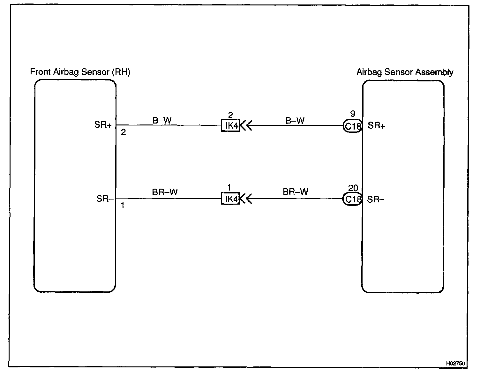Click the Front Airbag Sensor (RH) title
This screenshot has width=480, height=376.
(80, 72)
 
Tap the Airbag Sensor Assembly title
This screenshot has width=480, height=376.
(405, 72)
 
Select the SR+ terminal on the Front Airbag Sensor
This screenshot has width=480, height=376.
(103, 125)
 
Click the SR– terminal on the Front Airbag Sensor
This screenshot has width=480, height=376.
(105, 199)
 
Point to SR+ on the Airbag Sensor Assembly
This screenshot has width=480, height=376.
(377, 125)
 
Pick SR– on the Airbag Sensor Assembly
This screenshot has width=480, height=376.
(376, 199)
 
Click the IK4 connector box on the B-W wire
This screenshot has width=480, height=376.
(230, 125)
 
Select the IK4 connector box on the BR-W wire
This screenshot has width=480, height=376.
(230, 199)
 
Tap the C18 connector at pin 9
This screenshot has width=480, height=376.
(352, 126)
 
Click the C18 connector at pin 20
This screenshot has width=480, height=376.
(352, 199)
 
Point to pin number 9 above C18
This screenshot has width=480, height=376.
(352, 114)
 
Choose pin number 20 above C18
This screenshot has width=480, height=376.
(353, 188)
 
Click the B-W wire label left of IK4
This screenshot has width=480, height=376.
(162, 120)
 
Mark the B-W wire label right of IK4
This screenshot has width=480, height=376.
(295, 121)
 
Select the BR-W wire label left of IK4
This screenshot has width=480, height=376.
(165, 192)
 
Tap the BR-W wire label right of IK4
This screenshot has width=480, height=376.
(296, 192)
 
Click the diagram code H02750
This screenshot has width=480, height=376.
(456, 363)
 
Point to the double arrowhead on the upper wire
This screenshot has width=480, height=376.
(246, 126)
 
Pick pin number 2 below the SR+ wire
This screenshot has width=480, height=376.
(123, 132)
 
